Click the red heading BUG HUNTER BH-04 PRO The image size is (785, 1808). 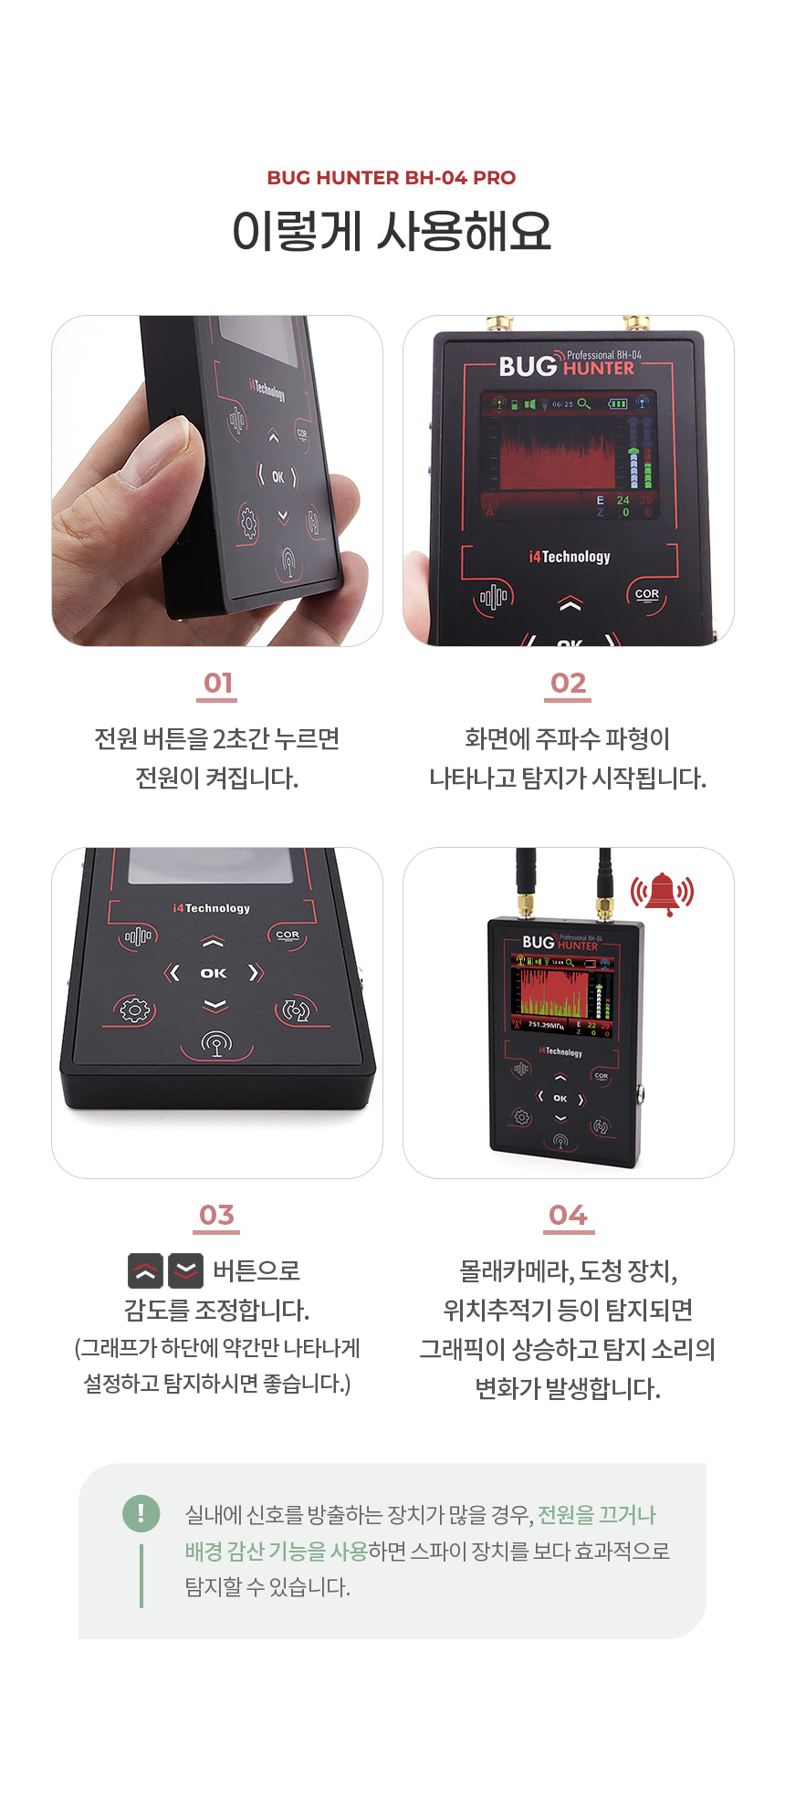point(392,178)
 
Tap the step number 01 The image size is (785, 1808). point(217,683)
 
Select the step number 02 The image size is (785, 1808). point(568,683)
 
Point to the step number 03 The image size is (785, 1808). point(217,1215)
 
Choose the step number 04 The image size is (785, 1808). point(568,1215)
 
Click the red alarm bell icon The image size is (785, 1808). point(662,893)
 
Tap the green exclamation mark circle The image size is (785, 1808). point(141,1512)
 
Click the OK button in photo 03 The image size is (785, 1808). point(214,973)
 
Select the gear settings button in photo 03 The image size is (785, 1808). point(134,1010)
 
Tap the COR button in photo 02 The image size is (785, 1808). point(647,595)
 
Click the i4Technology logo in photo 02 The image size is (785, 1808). point(570,557)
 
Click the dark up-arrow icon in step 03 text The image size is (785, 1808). point(145,1270)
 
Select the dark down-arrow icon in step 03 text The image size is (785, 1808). point(186,1270)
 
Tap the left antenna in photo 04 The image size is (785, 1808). point(526,881)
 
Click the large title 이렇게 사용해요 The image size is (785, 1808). point(392,231)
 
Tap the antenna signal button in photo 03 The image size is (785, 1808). point(216,1043)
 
